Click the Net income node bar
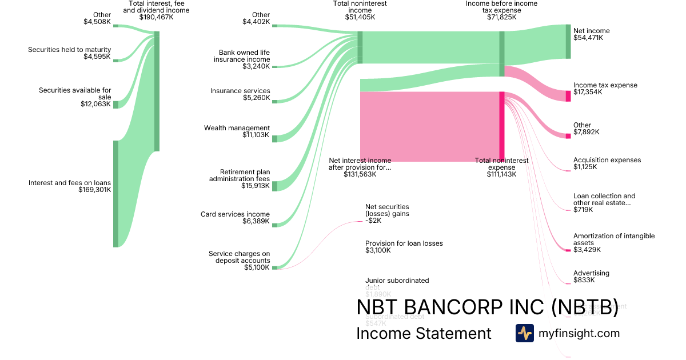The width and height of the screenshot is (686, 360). (568, 41)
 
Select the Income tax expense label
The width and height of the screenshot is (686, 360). (605, 85)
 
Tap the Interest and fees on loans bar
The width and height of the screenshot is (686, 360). (115, 194)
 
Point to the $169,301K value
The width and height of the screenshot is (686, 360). (95, 190)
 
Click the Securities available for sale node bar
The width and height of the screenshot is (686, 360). (115, 105)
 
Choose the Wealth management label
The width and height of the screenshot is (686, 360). (237, 128)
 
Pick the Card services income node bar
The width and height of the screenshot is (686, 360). (274, 225)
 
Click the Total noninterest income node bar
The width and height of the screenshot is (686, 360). (360, 47)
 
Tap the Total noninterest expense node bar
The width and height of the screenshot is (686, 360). (502, 126)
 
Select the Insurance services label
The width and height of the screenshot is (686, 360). (240, 91)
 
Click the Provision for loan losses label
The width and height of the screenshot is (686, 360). (404, 243)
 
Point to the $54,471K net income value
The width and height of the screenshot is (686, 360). (588, 38)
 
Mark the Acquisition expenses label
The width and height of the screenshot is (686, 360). (607, 160)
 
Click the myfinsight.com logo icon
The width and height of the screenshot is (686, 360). (524, 333)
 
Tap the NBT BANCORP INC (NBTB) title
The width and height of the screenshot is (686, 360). (487, 307)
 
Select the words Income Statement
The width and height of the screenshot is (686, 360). (424, 333)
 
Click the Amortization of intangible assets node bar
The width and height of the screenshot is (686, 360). (568, 250)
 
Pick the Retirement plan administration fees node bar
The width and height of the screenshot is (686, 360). (274, 186)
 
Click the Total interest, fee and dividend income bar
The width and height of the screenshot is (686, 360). (157, 91)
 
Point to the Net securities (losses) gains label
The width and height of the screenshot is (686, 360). (387, 210)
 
